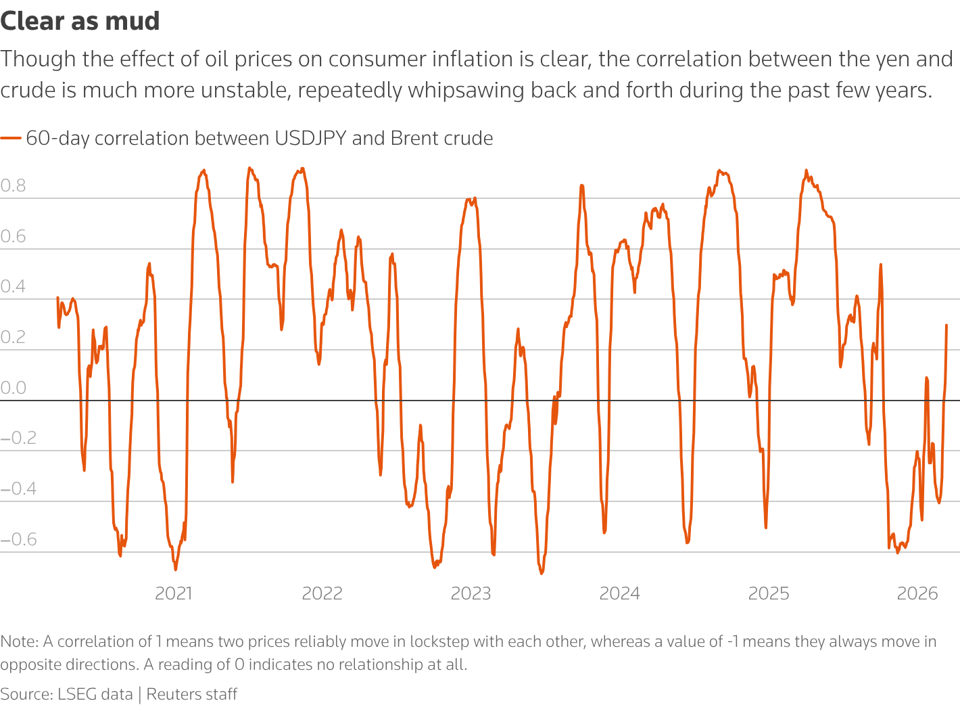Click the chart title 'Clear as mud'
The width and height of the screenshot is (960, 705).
click(x=80, y=21)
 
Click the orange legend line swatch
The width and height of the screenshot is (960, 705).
click(x=11, y=138)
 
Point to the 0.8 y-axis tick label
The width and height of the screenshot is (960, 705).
click(x=13, y=186)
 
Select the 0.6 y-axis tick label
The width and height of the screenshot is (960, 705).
click(x=13, y=236)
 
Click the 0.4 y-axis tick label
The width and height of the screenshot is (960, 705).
click(x=13, y=287)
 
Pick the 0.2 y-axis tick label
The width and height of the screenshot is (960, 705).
click(x=13, y=337)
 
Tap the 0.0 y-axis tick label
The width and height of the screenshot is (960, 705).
click(x=13, y=388)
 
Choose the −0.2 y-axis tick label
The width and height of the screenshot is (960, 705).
click(x=18, y=438)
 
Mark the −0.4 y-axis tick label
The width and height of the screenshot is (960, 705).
click(x=18, y=488)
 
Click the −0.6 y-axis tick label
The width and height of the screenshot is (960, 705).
click(x=18, y=539)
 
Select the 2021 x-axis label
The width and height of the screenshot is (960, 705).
click(x=174, y=593)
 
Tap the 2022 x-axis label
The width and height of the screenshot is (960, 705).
click(x=322, y=593)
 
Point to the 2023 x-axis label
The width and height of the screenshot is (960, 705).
click(x=471, y=593)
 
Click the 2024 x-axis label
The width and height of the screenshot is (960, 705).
click(x=620, y=593)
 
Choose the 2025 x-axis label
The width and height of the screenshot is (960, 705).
click(x=769, y=593)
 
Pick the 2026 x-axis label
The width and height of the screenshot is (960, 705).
click(x=917, y=593)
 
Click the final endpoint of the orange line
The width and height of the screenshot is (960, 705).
click(x=946, y=325)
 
